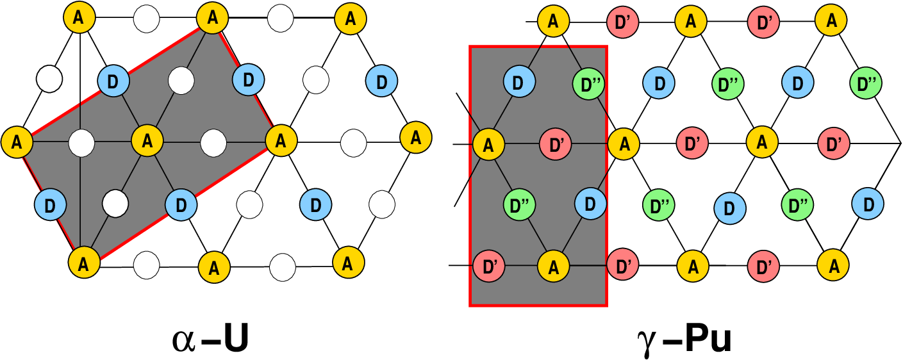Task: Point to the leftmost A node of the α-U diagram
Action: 17,141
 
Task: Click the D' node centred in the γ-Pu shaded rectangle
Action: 555,143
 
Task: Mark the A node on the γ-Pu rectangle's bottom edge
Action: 553,266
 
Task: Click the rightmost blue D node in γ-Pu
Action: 868,204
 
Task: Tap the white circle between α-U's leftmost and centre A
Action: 81,142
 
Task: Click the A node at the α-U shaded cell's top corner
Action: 212,19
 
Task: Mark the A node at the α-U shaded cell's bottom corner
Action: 85,263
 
